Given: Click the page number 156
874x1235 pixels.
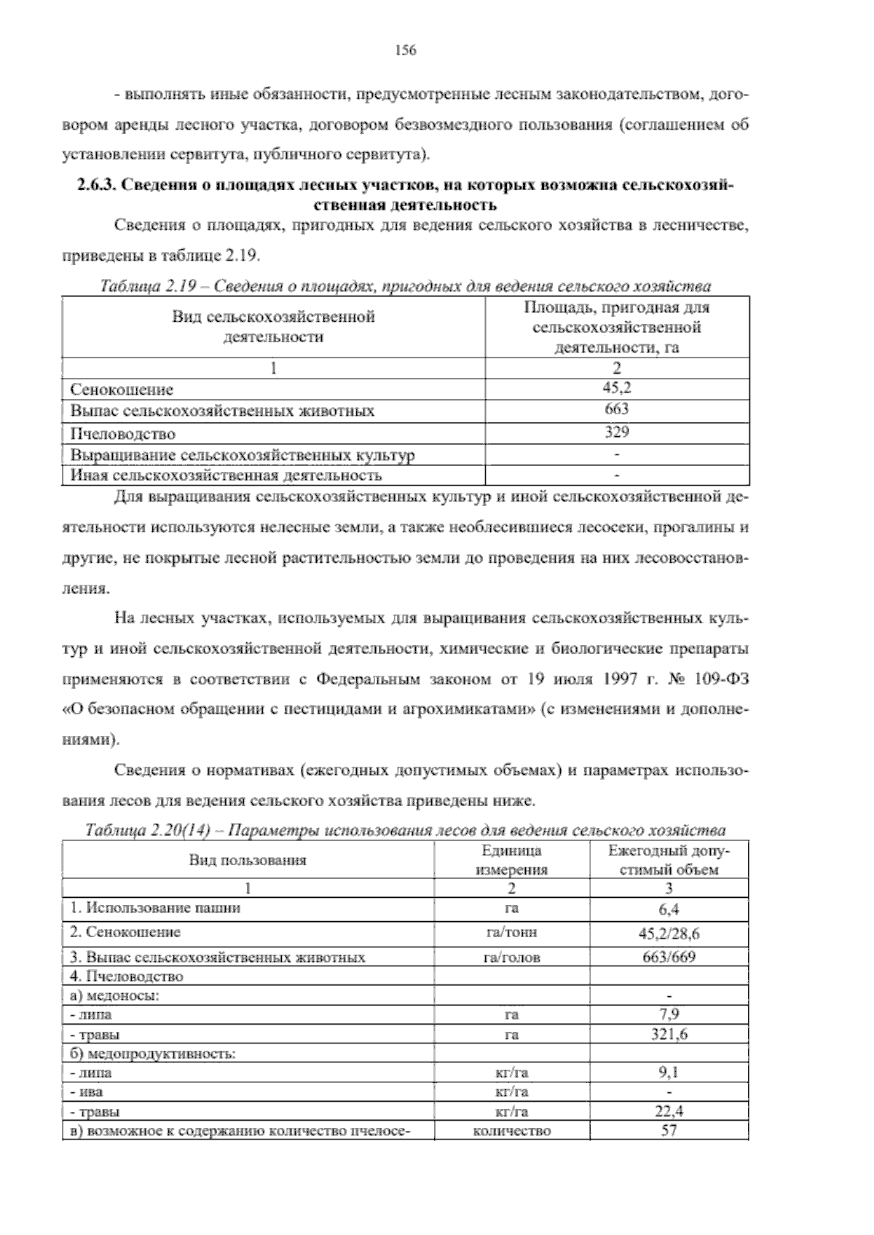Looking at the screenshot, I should tap(404, 50).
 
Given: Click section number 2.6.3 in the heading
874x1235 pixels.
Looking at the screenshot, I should tap(96, 186).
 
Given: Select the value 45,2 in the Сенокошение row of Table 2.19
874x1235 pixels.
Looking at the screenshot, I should tap(617, 389).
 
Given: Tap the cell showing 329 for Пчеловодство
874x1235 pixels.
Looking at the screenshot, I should tap(617, 432).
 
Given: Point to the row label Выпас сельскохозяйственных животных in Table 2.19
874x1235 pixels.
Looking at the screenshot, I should tap(222, 411).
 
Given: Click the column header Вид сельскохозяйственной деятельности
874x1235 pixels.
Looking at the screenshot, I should tap(273, 327).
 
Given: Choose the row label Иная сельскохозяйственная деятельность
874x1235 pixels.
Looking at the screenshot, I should tap(227, 476).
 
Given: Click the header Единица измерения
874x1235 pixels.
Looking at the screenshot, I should tap(511, 860).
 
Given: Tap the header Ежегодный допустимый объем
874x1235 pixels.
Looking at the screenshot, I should tap(669, 860).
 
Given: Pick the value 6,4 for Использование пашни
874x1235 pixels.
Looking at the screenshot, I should tap(669, 909).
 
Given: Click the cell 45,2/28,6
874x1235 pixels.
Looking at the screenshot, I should tap(669, 934).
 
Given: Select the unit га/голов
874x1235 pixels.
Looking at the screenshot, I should tap(511, 958).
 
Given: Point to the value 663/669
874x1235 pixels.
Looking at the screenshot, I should tap(669, 957).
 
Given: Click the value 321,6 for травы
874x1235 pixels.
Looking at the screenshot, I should tap(669, 1034).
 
